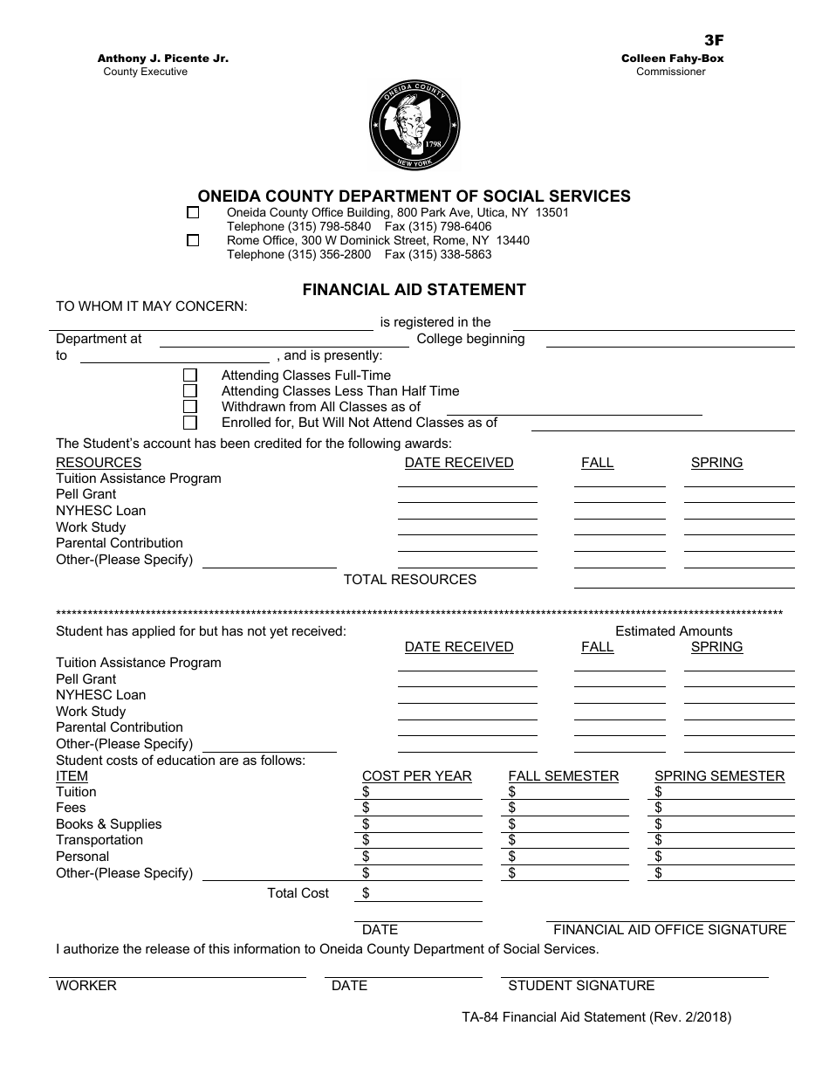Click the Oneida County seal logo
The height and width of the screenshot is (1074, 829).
coord(414,125)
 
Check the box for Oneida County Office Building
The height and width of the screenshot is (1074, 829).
coord(193,212)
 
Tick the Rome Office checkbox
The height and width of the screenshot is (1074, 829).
coord(193,240)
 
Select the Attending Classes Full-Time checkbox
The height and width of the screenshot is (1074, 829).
coord(190,375)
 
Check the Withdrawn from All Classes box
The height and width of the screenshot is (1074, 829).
coord(190,407)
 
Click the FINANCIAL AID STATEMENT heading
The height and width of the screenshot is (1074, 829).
coord(414,289)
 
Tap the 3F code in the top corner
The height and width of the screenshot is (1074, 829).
coord(714,40)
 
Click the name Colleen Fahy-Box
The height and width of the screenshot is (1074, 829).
coord(672,59)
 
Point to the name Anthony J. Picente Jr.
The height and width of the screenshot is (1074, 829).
coord(163,59)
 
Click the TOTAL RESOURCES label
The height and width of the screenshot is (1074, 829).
coord(409,580)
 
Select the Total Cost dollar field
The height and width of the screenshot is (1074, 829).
coord(422,893)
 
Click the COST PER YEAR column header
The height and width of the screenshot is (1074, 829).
coord(416,776)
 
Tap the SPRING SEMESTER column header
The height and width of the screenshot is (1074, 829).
coord(719,776)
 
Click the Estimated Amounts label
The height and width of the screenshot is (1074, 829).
coord(674,631)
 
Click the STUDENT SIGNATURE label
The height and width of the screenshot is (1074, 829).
coord(581,986)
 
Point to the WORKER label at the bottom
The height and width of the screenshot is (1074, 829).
coord(86,986)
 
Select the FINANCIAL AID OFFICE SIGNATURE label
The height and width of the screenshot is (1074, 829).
coord(669,930)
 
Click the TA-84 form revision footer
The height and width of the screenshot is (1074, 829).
coord(596,1017)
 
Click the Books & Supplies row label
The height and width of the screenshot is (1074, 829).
coord(108,824)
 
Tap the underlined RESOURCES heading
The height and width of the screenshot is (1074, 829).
coord(98,463)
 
